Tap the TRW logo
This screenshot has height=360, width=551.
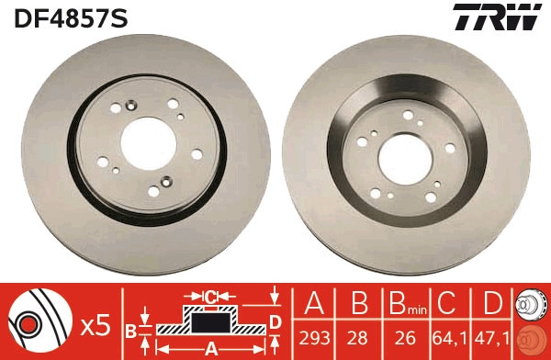coord(496,17)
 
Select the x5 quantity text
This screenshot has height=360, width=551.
coord(96,325)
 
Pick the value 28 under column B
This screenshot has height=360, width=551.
coord(359,338)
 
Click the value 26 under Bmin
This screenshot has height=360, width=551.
coord(403,338)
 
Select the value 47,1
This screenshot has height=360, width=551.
coord(492,338)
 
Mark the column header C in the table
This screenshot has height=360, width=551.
coord(447,305)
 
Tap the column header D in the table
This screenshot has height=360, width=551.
coord(492,305)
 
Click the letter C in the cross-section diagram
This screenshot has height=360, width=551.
coord(211,296)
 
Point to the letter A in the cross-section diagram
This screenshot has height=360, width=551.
coord(210,348)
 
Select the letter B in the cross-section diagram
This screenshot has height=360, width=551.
coord(130,329)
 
